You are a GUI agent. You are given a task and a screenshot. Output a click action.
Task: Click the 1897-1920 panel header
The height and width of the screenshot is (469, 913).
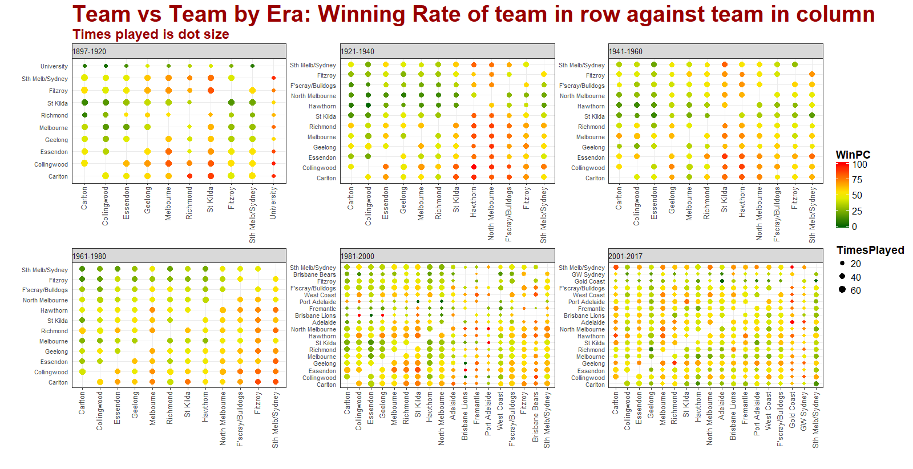point(179,51)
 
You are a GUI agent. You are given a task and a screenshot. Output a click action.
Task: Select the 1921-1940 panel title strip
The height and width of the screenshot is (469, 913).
point(447,51)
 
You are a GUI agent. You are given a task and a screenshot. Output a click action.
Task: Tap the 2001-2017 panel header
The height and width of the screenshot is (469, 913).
point(715,256)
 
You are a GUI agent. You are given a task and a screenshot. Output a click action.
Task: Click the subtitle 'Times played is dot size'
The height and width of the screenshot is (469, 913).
point(151,35)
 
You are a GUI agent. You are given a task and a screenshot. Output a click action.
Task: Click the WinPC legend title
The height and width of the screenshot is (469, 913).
point(853,155)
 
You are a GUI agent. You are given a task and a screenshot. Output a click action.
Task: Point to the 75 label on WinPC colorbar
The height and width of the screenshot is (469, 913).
point(857,180)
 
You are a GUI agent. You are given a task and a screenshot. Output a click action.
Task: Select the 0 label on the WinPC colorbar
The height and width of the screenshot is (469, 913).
point(854,227)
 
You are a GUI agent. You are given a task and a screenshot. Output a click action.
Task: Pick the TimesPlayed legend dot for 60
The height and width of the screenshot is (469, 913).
point(842,290)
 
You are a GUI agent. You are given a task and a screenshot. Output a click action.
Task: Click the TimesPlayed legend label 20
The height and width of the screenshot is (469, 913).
point(855,264)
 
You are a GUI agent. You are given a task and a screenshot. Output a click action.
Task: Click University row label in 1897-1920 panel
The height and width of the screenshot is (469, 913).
point(54,66)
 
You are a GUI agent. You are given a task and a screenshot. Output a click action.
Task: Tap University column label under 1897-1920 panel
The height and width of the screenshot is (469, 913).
point(273,203)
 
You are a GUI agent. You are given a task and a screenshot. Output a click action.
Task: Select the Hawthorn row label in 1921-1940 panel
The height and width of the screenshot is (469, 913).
point(322,106)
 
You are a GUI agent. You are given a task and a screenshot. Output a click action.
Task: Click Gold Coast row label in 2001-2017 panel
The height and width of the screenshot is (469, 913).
point(589,281)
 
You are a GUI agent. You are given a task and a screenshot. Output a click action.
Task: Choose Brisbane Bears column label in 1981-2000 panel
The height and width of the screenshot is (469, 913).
point(536,417)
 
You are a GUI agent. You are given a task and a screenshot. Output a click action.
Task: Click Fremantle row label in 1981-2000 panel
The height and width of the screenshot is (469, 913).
point(323,309)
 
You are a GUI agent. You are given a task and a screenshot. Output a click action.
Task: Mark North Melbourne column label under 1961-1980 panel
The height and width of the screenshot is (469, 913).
point(223,418)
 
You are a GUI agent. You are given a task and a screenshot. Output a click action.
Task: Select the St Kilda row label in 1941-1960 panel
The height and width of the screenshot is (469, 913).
point(595,116)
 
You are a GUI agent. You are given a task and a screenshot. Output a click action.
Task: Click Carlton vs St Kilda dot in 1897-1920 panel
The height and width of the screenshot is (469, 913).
point(211,176)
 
